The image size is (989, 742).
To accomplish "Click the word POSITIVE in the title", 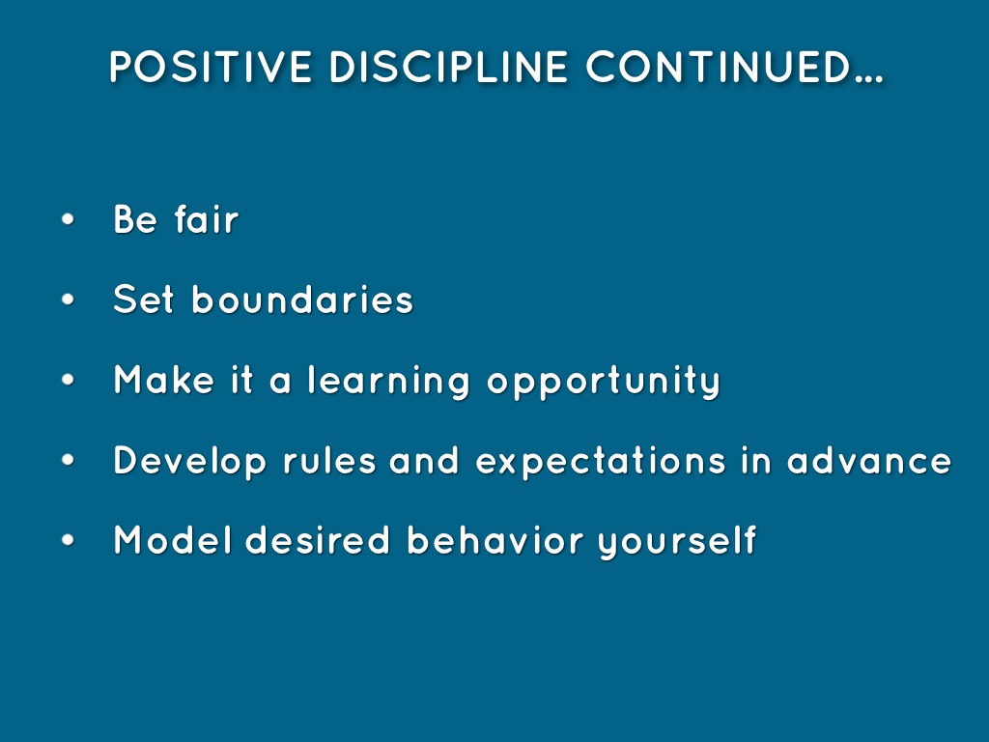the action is [211, 67].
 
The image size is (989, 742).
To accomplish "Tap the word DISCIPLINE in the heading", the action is [448, 67].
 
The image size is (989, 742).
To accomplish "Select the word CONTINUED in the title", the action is [719, 67].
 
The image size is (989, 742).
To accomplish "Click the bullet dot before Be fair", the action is [69, 219].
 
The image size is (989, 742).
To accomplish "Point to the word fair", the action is [207, 219].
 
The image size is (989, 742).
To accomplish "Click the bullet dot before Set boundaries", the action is [69, 300].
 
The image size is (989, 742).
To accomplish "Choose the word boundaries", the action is [302, 300].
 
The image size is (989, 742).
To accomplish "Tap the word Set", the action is [143, 300].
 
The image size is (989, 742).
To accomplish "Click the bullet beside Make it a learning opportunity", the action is [69, 380].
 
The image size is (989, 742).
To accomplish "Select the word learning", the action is [388, 381].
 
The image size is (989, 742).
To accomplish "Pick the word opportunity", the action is [604, 381].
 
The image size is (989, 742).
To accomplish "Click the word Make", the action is [164, 379].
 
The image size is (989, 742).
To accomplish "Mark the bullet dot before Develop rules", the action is [69, 460].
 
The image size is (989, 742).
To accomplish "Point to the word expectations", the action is [601, 461].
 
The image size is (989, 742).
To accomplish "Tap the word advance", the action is [869, 460].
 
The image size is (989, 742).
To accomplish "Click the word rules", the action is [329, 460].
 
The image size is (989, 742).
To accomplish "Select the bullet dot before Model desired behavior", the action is [69, 540].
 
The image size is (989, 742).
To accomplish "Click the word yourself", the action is [677, 541].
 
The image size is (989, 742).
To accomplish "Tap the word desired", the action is [317, 540].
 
